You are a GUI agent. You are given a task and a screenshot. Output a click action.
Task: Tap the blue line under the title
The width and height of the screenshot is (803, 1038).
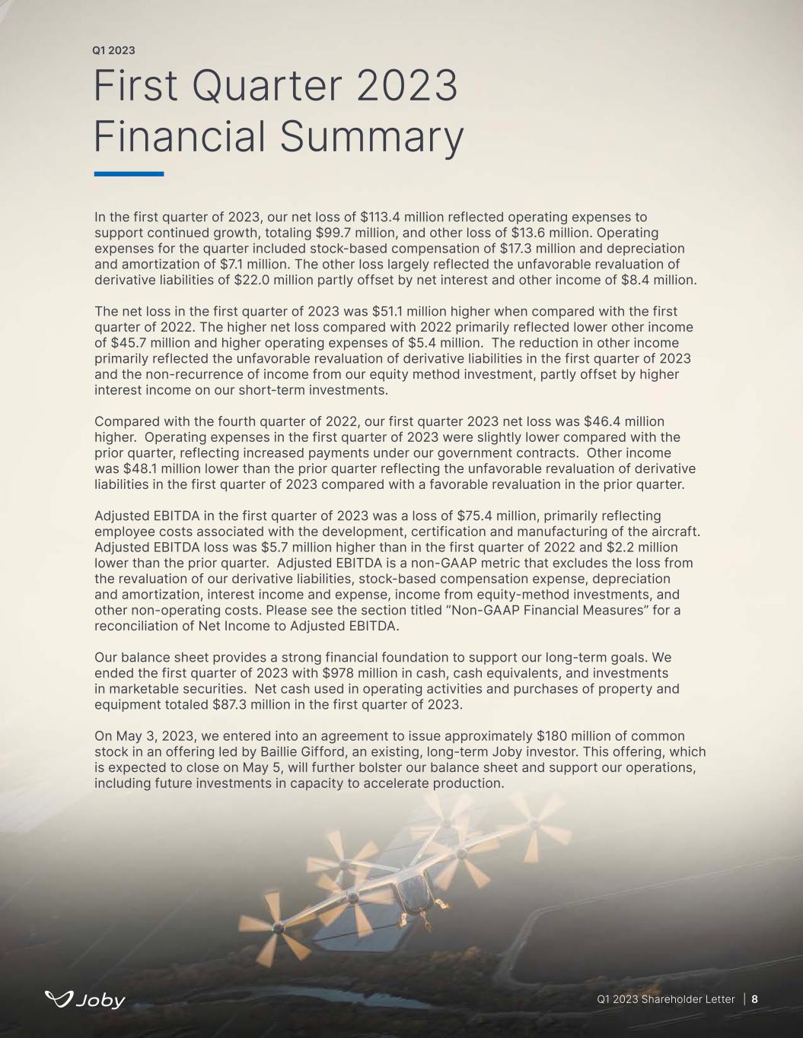pos(129,174)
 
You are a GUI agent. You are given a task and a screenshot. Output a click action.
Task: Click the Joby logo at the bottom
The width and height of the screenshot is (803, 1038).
pos(85,999)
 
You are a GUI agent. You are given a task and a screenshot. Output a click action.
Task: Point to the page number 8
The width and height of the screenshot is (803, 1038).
pos(755,999)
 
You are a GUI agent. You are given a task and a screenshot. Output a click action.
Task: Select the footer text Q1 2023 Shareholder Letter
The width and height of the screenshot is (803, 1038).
pos(666,999)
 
